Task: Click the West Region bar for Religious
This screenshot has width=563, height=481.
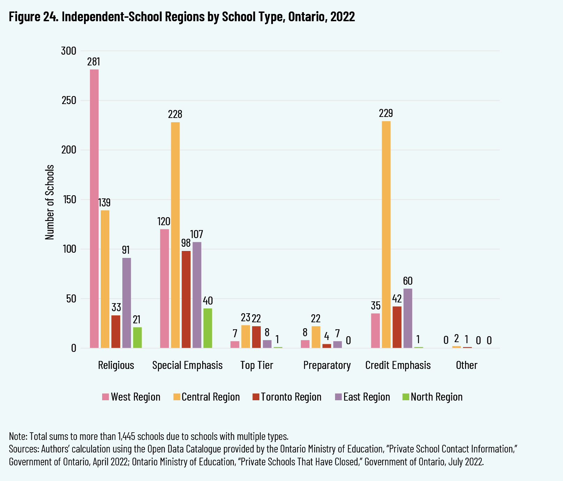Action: pos(94,209)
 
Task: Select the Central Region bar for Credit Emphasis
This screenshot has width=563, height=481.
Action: pos(386,235)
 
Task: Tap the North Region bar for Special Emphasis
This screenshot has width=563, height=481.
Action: pos(207,328)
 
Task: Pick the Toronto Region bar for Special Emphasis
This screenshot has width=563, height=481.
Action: pos(186,299)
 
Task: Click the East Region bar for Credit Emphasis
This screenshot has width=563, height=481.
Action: pos(408,318)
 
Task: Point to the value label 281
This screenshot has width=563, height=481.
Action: pos(94,62)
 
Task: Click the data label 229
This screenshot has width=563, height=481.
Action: pos(386,113)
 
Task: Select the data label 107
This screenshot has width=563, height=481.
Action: pos(197,234)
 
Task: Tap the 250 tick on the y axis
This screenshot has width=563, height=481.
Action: pos(69,101)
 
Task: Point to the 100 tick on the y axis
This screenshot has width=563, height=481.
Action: pos(69,249)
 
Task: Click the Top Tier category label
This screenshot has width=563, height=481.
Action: pos(257,365)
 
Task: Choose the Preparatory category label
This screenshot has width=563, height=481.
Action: pos(327,365)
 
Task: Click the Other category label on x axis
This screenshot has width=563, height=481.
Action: pos(466,365)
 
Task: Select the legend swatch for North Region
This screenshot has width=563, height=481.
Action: pos(405,397)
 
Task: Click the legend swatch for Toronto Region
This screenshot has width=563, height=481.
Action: pos(256,397)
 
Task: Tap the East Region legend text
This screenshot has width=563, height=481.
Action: pos(366,397)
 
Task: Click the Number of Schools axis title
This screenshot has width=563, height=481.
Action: pos(50,202)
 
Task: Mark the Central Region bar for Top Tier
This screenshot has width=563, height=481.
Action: pos(245,337)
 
